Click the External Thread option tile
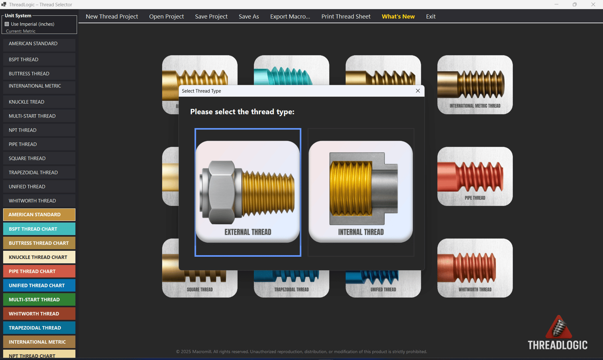pos(248,192)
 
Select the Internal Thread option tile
pos(361,192)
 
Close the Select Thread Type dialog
pos(418,91)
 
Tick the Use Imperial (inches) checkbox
pos(7,24)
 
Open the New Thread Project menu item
pos(112,16)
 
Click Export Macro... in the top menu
pos(290,16)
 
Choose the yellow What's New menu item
pos(398,16)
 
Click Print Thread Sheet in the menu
pos(346,16)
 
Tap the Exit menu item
pos(431,16)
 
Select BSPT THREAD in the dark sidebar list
pos(39,59)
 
